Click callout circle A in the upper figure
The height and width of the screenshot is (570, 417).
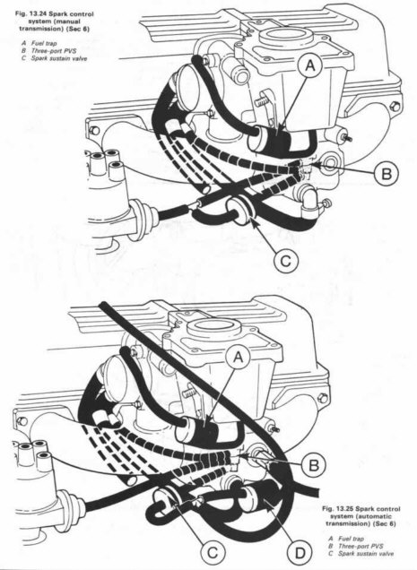pos(310,65)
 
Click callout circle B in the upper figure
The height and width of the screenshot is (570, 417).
pos(387,174)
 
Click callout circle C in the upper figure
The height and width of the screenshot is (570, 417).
pos(286,260)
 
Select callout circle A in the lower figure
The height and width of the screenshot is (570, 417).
pos(239,357)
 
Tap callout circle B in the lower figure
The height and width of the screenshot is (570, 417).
pos(315,465)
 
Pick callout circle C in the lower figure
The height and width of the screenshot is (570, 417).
pos(213,553)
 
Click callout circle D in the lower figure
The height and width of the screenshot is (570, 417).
pos(300,553)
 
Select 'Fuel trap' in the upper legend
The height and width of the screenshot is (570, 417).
pos(44,43)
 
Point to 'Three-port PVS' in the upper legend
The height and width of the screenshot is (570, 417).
pos(54,50)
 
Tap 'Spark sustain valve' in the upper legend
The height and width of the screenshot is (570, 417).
pos(59,58)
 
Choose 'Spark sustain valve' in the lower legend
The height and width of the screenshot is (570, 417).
pos(366,554)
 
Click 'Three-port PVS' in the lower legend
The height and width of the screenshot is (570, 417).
pos(361,546)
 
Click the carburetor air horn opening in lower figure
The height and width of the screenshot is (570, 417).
pos(214,325)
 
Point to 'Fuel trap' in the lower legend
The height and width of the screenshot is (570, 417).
pos(352,539)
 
